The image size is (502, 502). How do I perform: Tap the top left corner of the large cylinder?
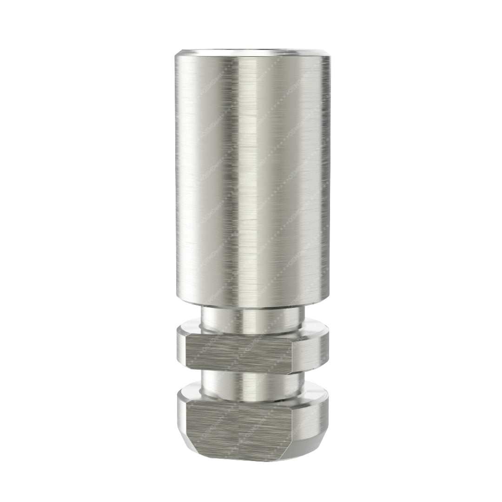click(x=177, y=56)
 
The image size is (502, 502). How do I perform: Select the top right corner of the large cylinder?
click(x=329, y=56)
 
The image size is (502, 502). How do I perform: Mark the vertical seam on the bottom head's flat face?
click(x=238, y=428)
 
